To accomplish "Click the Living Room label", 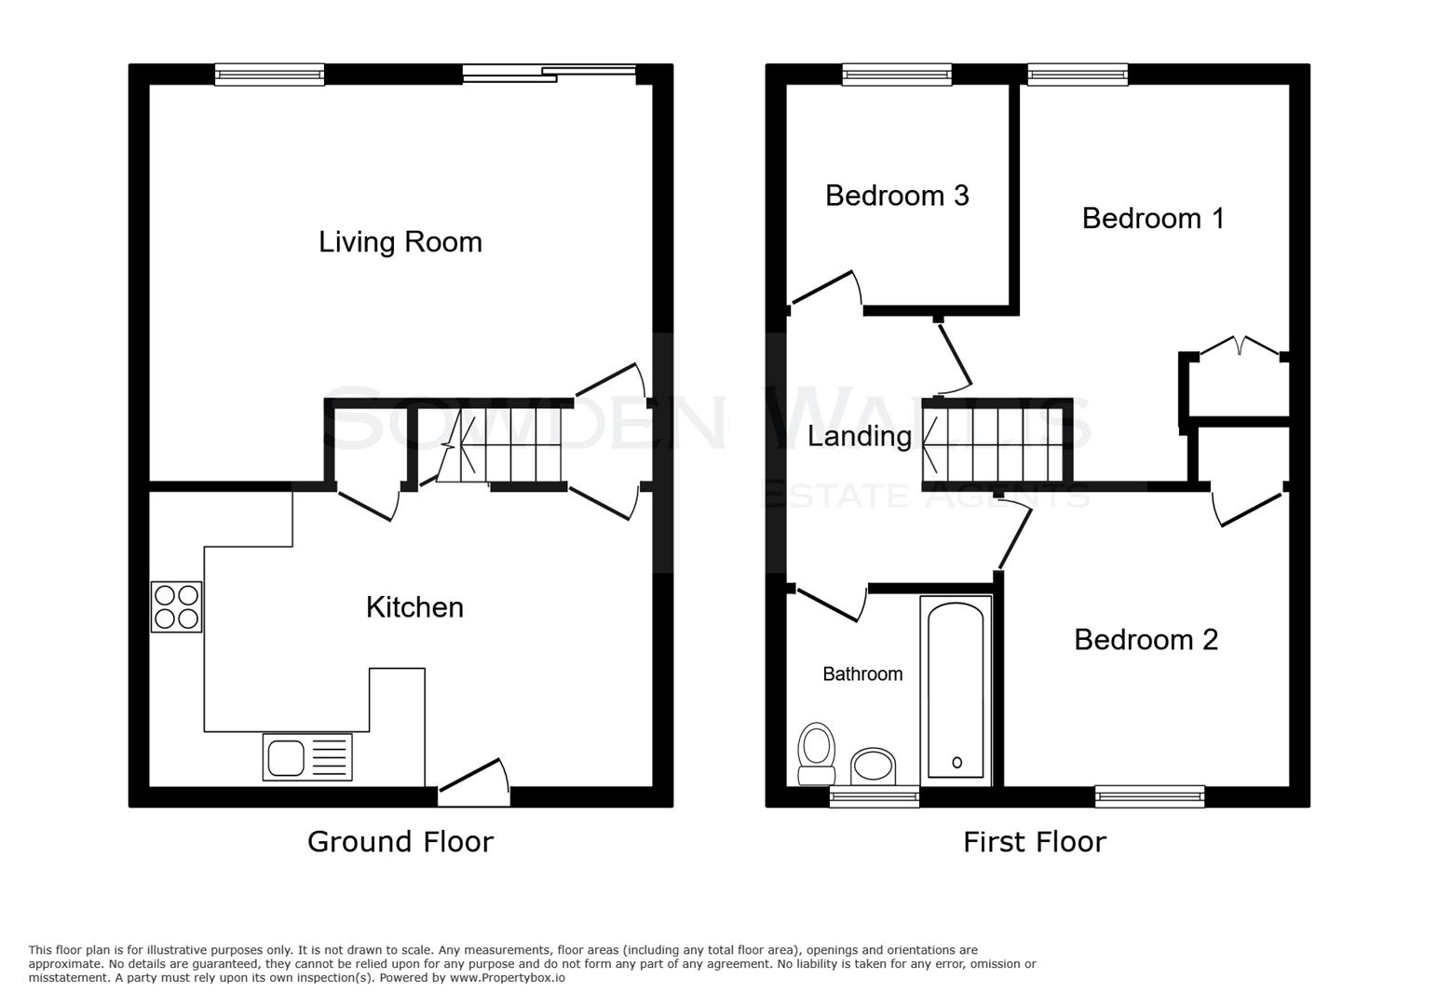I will [x=400, y=242].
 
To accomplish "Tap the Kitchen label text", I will [x=414, y=607].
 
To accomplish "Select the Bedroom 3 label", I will [x=897, y=196].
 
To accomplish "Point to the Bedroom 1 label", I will [x=1152, y=218].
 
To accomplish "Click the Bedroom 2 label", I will [x=1146, y=639].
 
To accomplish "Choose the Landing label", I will [x=859, y=436].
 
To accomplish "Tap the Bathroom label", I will [x=861, y=673].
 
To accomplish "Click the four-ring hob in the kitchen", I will [x=176, y=606].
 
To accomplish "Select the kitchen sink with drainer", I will [x=307, y=756].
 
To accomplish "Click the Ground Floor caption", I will [x=400, y=842].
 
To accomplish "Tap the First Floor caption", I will [x=1034, y=842].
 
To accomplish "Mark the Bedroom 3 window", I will [x=897, y=75].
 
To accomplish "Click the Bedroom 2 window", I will [x=1149, y=795].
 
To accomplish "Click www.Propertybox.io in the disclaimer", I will [x=507, y=978].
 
